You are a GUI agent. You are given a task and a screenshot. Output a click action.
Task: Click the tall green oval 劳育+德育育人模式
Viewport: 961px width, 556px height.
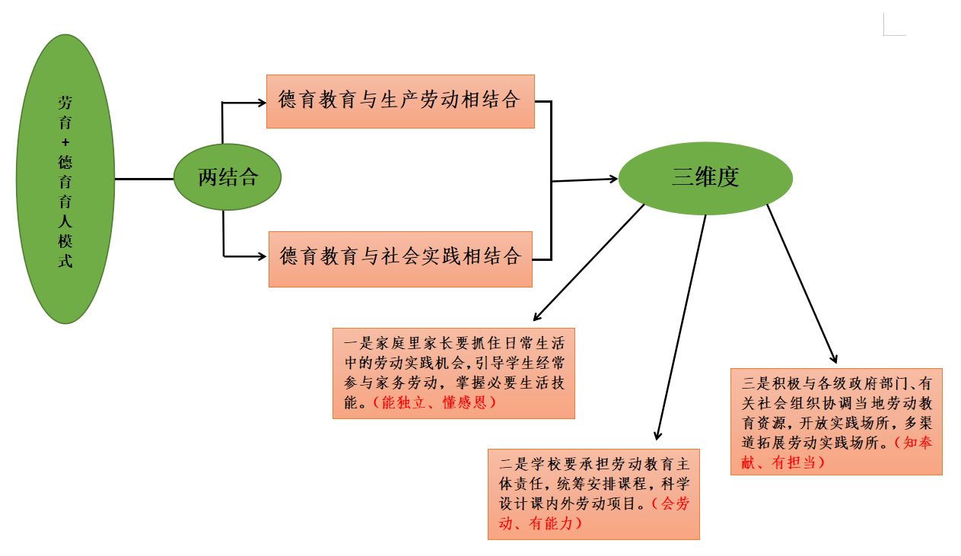coord(65,180)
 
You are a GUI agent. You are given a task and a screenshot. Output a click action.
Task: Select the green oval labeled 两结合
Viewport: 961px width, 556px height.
coord(228,178)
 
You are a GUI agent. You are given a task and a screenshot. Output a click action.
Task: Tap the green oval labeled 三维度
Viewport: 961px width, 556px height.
coord(705,178)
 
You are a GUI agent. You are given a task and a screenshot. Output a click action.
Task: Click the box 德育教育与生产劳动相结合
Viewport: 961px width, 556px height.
coord(400,101)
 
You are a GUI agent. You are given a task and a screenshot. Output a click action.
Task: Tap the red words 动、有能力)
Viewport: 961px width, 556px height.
coord(541,523)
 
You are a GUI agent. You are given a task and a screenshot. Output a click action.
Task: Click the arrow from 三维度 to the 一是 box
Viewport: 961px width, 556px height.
coord(590,262)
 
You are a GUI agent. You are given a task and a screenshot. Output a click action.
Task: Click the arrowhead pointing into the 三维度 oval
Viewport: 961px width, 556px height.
coord(613,179)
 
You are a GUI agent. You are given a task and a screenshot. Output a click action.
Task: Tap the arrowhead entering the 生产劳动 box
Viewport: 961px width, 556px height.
coord(261,101)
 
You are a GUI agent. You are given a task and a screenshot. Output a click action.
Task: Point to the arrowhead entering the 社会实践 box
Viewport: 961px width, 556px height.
coord(263,256)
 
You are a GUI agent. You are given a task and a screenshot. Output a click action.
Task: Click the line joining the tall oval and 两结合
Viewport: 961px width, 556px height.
coord(144,180)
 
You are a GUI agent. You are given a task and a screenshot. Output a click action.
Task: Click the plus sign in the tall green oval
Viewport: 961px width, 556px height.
coord(65,141)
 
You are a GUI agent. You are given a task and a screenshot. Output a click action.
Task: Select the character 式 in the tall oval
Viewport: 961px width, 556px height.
coord(65,261)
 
